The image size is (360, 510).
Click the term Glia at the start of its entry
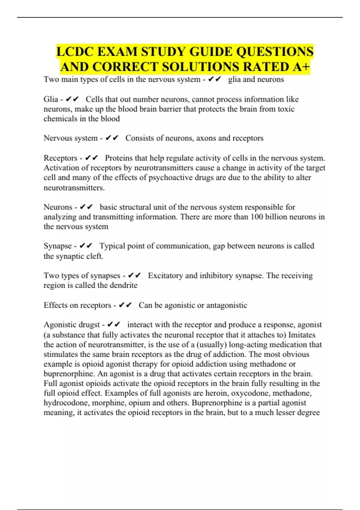[51, 99]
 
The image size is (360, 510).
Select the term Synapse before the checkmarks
[58, 246]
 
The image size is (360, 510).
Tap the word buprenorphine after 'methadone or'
[64, 373]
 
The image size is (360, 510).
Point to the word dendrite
[124, 285]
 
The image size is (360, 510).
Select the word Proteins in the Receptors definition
[118, 158]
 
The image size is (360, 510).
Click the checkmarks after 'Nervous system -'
[112, 138]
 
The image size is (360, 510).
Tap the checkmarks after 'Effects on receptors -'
[125, 305]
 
